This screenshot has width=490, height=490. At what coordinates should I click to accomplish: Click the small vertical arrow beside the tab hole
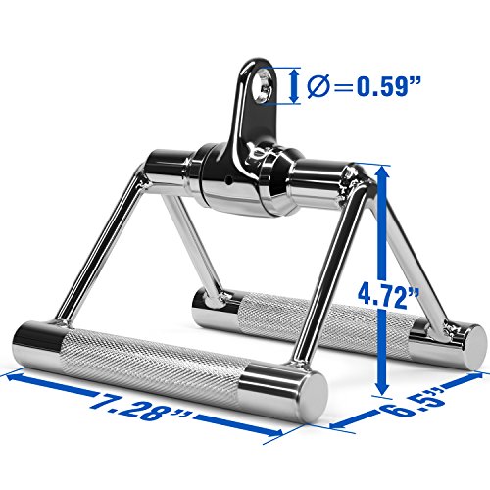click(x=295, y=83)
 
